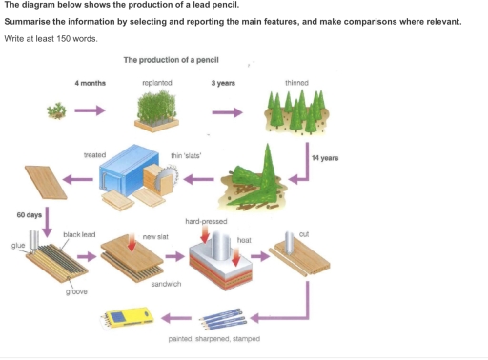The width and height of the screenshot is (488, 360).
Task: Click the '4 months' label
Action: click(91, 84)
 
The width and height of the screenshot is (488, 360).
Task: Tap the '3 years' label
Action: click(225, 84)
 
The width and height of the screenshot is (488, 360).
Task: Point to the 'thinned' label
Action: click(296, 84)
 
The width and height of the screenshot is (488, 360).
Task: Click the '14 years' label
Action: click(324, 157)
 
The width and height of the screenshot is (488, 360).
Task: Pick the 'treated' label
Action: click(94, 154)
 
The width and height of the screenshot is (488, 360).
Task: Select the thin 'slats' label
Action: click(184, 154)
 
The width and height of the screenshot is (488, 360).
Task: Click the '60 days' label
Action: click(30, 215)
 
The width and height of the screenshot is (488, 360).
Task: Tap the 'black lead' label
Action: click(77, 233)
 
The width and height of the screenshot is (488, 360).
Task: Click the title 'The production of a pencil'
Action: click(172, 60)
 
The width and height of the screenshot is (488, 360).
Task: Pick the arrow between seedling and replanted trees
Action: click(90, 112)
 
